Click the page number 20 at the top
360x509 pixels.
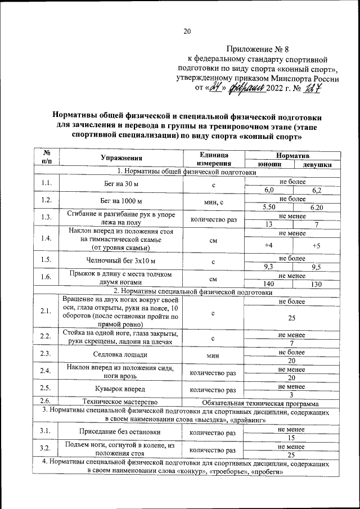pyautogui.click(x=187, y=31)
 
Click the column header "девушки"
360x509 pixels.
pyautogui.click(x=317, y=165)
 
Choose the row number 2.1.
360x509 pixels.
pyautogui.click(x=46, y=311)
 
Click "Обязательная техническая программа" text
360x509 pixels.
pyautogui.click(x=260, y=403)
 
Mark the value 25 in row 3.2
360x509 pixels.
pyautogui.click(x=291, y=454)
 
